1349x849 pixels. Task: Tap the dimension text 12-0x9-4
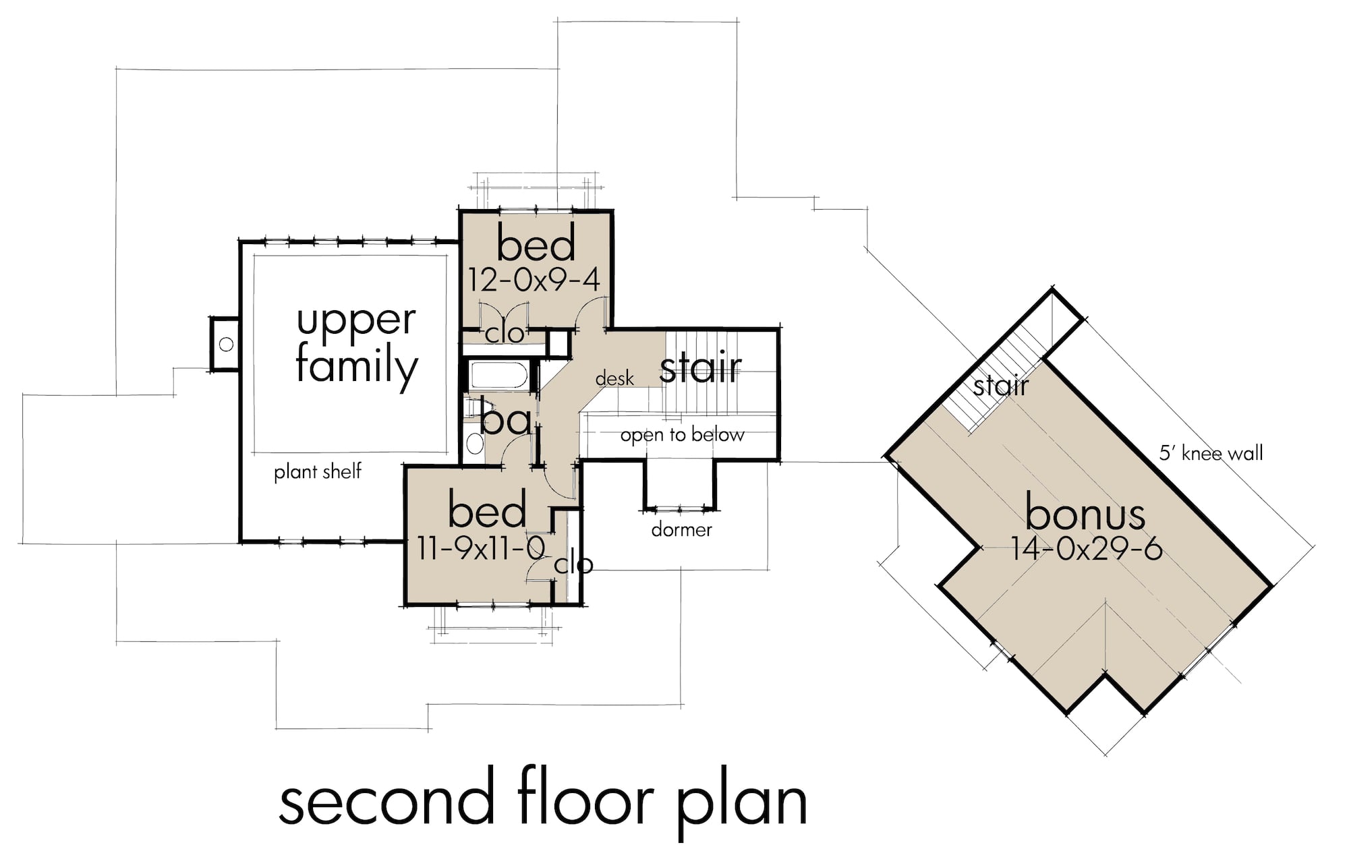[x=534, y=280]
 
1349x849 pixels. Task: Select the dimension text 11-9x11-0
[x=480, y=548]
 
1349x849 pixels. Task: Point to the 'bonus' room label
[x=1085, y=514]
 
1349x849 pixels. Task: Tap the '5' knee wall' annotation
[x=1211, y=453]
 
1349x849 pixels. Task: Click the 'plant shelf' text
[x=318, y=471]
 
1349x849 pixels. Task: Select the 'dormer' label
[x=681, y=530]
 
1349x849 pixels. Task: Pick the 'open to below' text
[x=682, y=435]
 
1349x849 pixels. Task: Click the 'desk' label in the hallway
[x=614, y=379]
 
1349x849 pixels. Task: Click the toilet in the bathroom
[x=475, y=443]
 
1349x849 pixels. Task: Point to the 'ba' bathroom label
[x=506, y=421]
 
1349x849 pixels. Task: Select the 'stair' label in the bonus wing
[x=1001, y=386]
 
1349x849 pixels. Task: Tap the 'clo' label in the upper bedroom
[x=505, y=333]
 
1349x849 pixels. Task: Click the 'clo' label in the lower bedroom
[x=573, y=564]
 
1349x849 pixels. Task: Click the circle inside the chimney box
[x=227, y=344]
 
